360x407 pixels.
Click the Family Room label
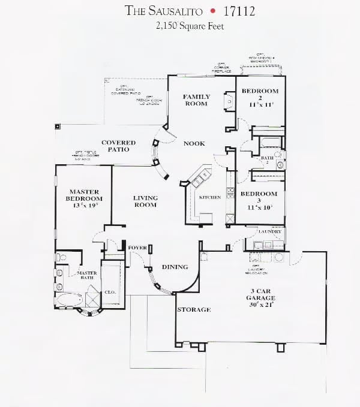pyautogui.click(x=196, y=100)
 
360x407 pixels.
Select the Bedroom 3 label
pyautogui.click(x=259, y=197)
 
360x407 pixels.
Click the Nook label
pyautogui.click(x=194, y=144)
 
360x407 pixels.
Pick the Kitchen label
pyautogui.click(x=210, y=197)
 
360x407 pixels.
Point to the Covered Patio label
pyautogui.click(x=118, y=146)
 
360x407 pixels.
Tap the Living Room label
pyautogui.click(x=145, y=201)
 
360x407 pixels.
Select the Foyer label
pyautogui.click(x=137, y=248)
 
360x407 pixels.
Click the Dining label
pyautogui.click(x=175, y=267)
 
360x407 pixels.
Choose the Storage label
pyautogui.click(x=193, y=310)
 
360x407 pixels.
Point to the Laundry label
pyautogui.click(x=270, y=231)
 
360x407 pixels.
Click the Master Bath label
pyautogui.click(x=88, y=275)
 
